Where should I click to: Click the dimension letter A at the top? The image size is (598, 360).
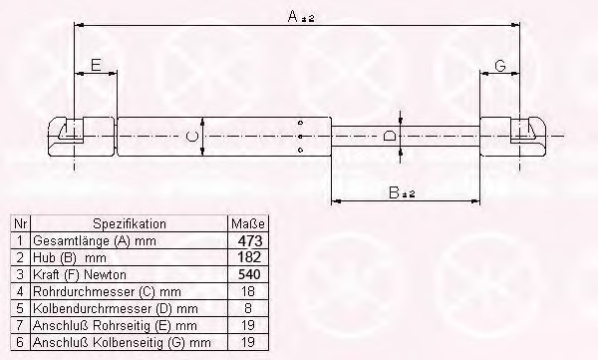click(x=293, y=16)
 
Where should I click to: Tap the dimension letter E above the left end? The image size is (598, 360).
click(x=96, y=65)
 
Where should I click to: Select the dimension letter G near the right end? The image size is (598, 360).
click(x=500, y=66)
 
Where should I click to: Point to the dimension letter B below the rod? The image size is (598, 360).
click(x=394, y=192)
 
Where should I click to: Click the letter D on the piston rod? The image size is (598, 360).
click(x=389, y=136)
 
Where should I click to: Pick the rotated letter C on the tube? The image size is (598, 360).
click(x=191, y=137)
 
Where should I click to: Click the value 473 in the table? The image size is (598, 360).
click(x=250, y=241)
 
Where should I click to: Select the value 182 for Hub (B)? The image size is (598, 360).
click(x=249, y=257)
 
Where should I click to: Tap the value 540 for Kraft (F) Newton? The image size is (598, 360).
click(x=249, y=274)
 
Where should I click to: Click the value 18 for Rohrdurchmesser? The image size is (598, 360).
click(x=248, y=291)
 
